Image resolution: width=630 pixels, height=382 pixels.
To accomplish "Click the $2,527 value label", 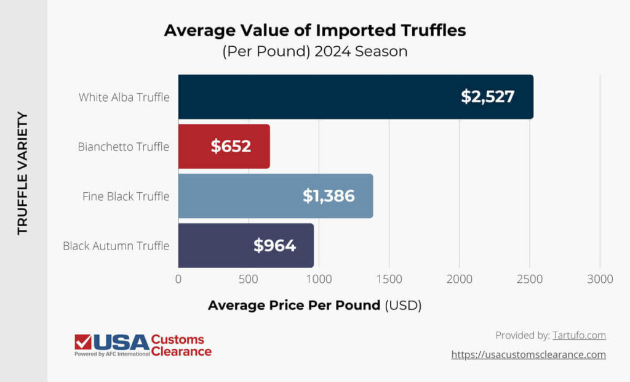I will [487, 97].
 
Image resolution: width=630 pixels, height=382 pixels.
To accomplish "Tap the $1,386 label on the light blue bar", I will [329, 196].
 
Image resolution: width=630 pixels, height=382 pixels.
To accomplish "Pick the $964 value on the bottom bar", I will [274, 245].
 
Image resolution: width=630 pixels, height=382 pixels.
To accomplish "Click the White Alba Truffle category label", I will [124, 97].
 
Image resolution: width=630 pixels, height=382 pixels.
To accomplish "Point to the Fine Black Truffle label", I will [126, 196].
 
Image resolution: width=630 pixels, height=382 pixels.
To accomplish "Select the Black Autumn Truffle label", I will [116, 245].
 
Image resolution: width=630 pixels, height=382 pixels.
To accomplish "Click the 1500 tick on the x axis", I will [389, 279].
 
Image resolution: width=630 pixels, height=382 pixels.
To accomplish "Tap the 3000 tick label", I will [600, 279].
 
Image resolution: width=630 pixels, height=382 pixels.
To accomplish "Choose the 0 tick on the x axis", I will [178, 279].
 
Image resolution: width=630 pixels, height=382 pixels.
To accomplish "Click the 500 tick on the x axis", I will [249, 279].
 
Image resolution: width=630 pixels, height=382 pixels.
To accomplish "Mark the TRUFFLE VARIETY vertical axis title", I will [23, 173].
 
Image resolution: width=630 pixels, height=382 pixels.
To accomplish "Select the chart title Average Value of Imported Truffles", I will [314, 30].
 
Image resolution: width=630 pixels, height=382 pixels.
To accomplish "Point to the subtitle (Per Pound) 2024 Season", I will [314, 51].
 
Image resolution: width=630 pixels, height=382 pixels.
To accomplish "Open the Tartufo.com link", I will [579, 335].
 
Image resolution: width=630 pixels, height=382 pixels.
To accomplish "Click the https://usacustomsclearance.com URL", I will [528, 354].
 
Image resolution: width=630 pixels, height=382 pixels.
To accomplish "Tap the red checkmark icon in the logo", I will [83, 342].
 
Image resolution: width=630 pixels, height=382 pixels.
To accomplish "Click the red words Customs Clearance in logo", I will [181, 346].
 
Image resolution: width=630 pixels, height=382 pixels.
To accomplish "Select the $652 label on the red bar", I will [231, 146].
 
